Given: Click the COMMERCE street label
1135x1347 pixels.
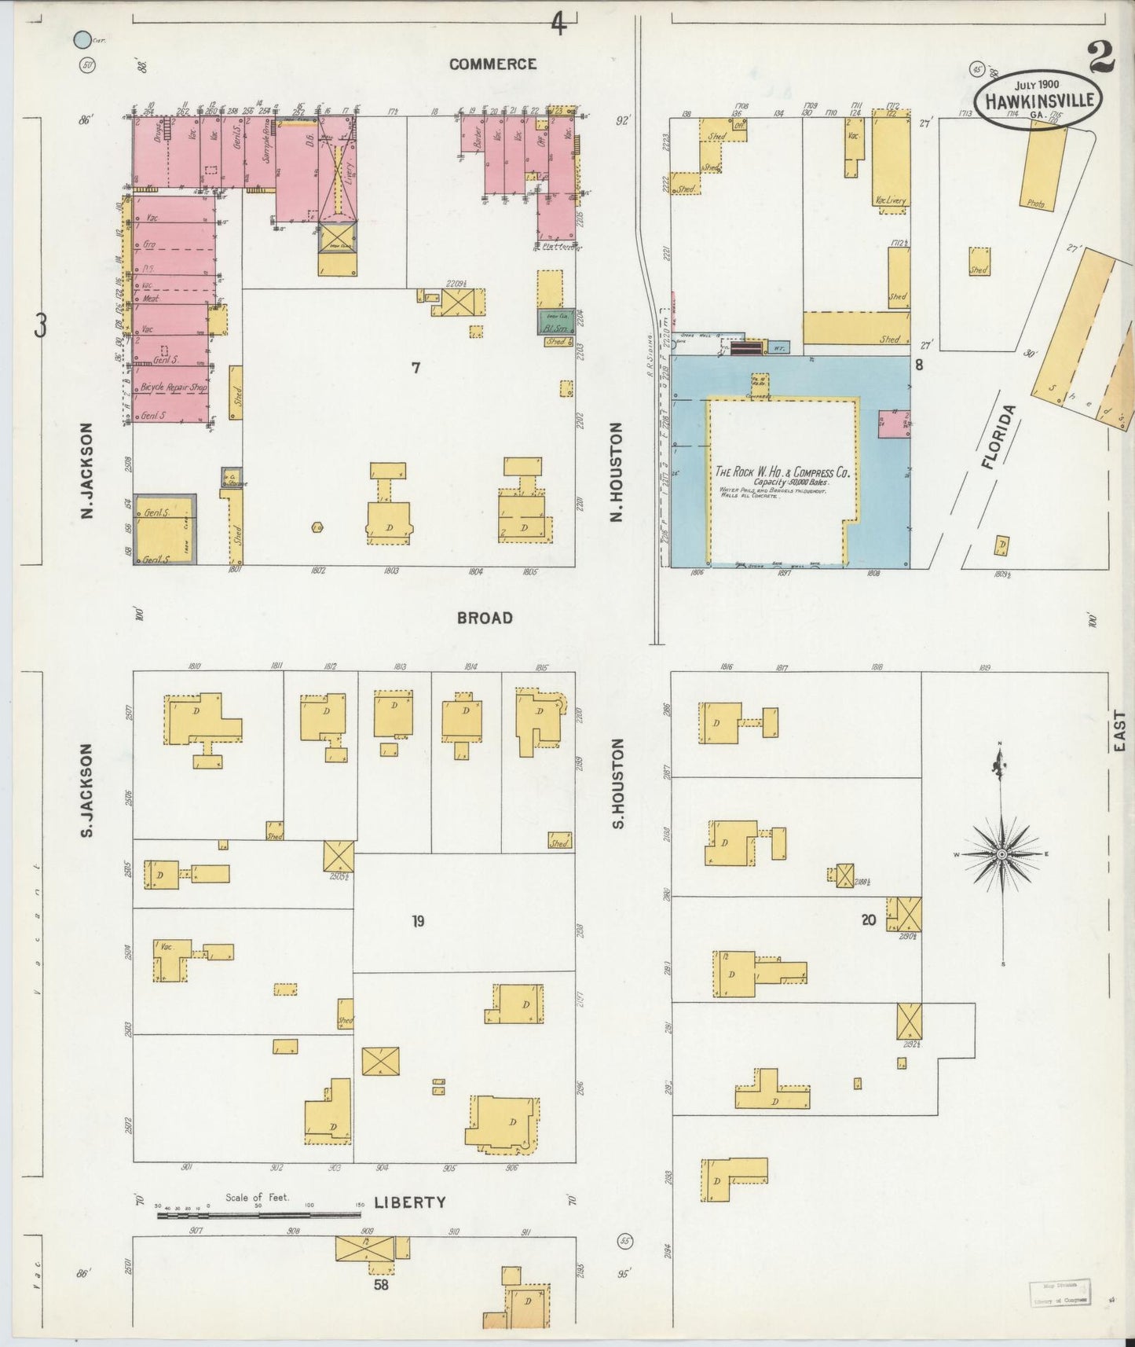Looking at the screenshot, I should click(492, 64).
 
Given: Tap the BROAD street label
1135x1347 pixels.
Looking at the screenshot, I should click(485, 618).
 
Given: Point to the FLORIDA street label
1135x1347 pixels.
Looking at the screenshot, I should click(998, 437).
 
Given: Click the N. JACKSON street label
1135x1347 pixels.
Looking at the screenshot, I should click(87, 470).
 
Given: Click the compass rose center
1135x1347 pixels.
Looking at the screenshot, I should click(1001, 853).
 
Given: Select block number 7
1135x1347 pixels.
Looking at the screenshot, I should click(416, 367).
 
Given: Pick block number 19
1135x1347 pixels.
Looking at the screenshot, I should click(418, 921).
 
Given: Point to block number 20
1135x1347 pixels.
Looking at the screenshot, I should click(868, 919).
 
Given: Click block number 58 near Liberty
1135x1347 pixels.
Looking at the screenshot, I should click(381, 1286).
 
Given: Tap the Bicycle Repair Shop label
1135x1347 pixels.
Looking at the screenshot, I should click(174, 388).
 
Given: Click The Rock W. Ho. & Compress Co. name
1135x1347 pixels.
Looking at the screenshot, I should click(782, 472).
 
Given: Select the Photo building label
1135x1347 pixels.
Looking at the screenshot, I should click(1035, 204).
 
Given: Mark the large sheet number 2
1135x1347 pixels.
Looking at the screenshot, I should click(1101, 57).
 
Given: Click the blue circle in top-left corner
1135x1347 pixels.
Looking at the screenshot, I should click(81, 39).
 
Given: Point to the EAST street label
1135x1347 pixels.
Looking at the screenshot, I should click(1119, 730).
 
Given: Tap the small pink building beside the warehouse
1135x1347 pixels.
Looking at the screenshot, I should click(894, 424).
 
